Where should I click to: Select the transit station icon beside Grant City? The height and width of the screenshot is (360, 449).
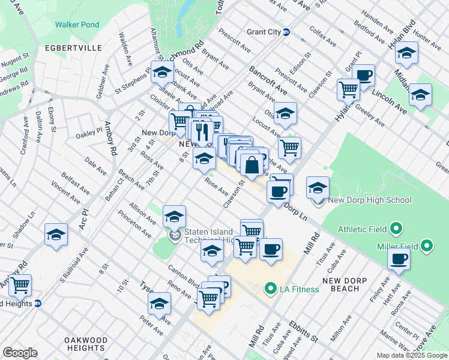pyautogui.click(x=287, y=32)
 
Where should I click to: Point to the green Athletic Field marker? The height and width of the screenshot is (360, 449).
pyautogui.click(x=396, y=229)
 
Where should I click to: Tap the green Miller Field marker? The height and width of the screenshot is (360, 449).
pyautogui.click(x=427, y=245)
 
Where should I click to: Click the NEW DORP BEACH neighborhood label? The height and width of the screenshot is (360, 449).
pyautogui.click(x=349, y=284)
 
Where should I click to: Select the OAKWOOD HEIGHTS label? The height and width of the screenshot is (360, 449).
pyautogui.click(x=86, y=344)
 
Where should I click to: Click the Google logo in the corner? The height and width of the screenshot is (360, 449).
pyautogui.click(x=20, y=353)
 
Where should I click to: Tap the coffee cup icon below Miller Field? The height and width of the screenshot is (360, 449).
pyautogui.click(x=399, y=258)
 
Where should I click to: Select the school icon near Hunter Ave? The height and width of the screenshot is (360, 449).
pyautogui.click(x=406, y=53)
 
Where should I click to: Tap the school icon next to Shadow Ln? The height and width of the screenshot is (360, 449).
pyautogui.click(x=56, y=235)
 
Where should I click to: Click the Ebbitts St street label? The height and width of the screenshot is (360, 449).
pyautogui.click(x=306, y=331)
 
